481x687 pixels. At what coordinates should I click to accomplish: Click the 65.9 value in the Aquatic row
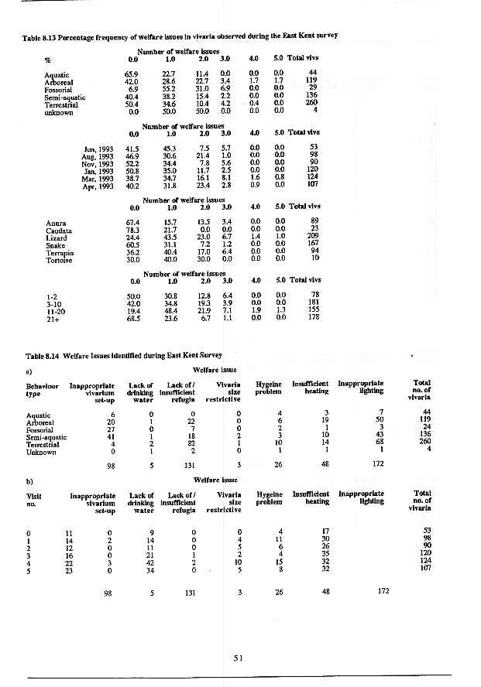(x=132, y=73)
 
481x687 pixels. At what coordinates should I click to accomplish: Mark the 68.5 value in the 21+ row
(x=132, y=316)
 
